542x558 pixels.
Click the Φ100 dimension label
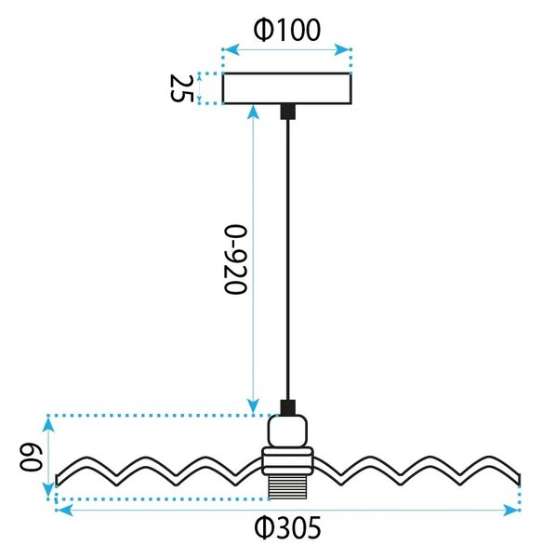point(286,30)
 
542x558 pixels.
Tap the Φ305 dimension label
point(287,527)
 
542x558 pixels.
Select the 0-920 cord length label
point(235,259)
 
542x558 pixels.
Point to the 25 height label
point(181,88)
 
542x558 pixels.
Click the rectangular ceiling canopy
point(286,88)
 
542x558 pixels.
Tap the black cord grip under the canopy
point(287,112)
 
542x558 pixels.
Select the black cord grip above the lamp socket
point(287,408)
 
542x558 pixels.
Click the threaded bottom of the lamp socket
point(287,487)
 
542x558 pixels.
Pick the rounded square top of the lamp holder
point(287,432)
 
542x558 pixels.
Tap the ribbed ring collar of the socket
point(287,461)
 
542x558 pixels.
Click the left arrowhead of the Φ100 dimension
point(231,50)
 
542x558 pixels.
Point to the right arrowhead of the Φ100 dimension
point(343,50)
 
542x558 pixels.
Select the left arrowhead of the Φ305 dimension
point(64,511)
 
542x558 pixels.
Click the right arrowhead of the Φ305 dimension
point(511,511)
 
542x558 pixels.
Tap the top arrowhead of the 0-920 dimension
point(253,113)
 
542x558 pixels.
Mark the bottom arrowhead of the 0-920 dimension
point(253,406)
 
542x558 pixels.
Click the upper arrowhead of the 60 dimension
point(48,425)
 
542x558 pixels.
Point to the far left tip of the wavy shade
point(57,480)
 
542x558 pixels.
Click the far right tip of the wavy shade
point(519,479)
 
